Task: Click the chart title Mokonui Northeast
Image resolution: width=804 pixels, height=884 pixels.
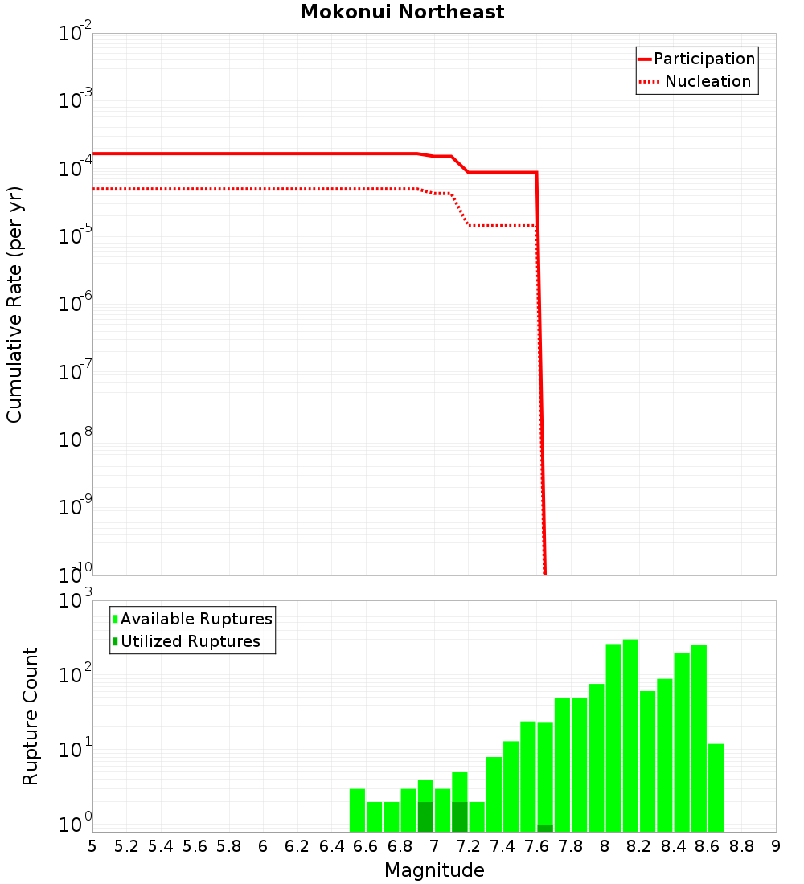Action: [x=402, y=13]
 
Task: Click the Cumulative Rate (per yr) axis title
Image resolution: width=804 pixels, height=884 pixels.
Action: [x=14, y=305]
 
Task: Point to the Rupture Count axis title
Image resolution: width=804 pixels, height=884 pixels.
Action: [x=31, y=716]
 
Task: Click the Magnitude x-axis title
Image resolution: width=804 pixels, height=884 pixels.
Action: [x=434, y=870]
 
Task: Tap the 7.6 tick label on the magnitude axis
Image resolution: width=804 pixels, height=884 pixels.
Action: [x=536, y=846]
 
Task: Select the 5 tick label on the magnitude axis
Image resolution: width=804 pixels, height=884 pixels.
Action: [x=92, y=846]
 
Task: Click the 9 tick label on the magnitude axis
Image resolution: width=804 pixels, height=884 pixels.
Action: [x=776, y=846]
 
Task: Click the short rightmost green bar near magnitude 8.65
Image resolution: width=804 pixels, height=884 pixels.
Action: [x=716, y=788]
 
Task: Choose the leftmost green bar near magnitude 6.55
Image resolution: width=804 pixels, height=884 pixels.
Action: [x=357, y=810]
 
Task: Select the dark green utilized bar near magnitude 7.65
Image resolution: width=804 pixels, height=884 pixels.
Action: [x=545, y=828]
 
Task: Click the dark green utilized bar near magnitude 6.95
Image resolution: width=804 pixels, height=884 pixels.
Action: [x=425, y=816]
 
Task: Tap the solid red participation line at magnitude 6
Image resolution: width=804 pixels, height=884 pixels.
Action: [x=263, y=153]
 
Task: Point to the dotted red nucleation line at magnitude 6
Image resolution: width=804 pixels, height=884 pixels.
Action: [x=263, y=189]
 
